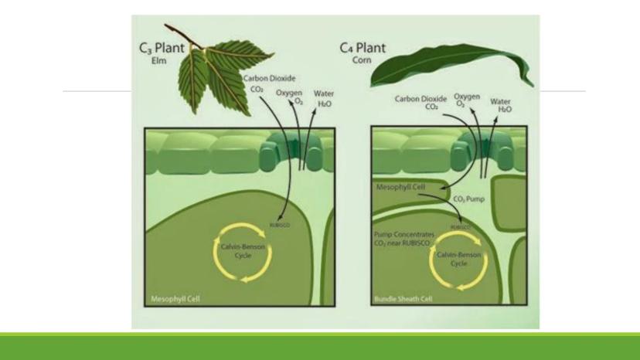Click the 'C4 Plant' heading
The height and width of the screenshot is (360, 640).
coord(363,48)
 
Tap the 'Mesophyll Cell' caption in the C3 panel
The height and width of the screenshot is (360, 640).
coord(169,299)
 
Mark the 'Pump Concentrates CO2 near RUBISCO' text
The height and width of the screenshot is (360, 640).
coord(404,239)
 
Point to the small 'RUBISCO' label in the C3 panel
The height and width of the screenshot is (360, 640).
coord(280,226)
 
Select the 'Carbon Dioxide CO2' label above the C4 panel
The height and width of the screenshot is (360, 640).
coord(427,103)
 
